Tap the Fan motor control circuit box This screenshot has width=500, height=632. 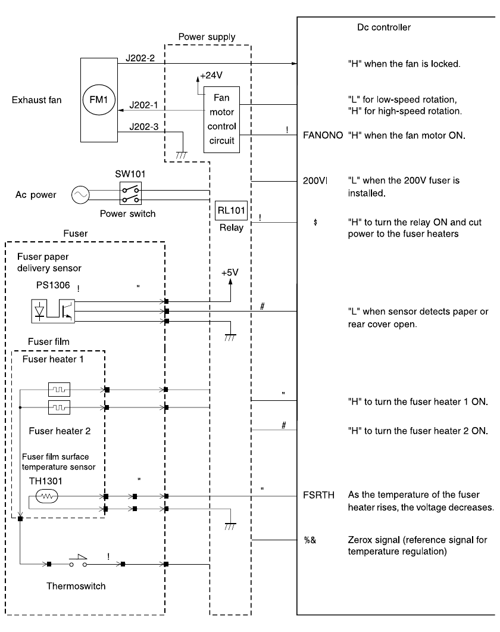point(222,120)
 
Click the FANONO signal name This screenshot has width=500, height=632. point(323,135)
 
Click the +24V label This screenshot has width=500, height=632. point(211,76)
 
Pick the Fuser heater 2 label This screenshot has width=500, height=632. point(60,429)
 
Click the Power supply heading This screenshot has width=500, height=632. point(207,37)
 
